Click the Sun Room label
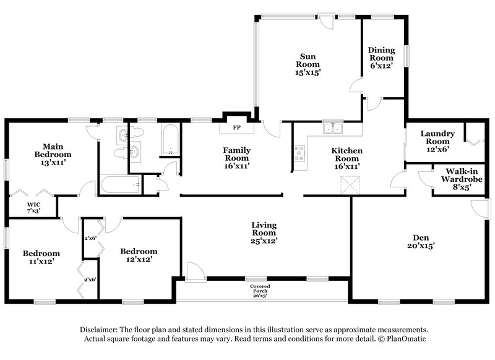[x=307, y=64]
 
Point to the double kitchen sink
[x=334, y=129]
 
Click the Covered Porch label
[x=260, y=291]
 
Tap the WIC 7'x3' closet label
[x=33, y=208]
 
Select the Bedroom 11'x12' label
[x=41, y=257]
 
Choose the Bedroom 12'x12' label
[x=138, y=255]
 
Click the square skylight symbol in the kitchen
[x=351, y=183]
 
